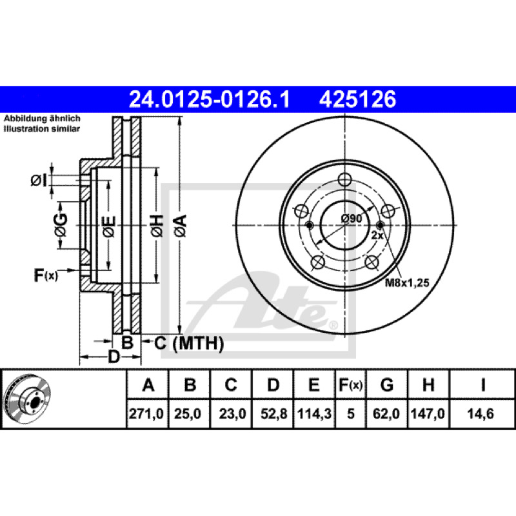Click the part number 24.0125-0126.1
point(210,99)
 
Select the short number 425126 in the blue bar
point(357,99)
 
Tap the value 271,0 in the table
point(146,413)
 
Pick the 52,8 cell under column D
point(273,413)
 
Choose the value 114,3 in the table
point(314,413)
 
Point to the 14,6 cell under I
point(481,413)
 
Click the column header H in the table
point(428,384)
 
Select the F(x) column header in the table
point(350,384)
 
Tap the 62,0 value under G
point(386,413)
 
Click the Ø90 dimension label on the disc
point(352,218)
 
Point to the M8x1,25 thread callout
point(407,283)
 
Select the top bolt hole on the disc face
point(344,179)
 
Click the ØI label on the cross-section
point(39,180)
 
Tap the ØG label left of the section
point(61,225)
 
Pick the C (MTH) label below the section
point(189,343)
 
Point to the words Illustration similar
point(42,128)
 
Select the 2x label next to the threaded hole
point(377,235)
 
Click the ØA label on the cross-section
point(181,225)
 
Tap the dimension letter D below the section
point(114,357)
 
